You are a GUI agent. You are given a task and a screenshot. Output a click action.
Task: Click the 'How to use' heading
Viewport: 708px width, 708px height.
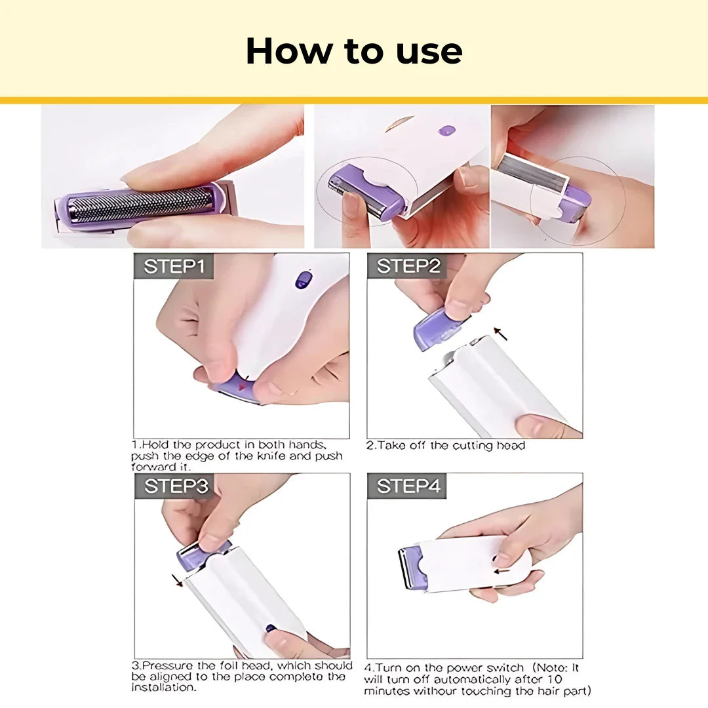coord(354,51)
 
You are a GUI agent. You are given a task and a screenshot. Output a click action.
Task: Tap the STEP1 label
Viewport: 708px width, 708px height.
coord(174,267)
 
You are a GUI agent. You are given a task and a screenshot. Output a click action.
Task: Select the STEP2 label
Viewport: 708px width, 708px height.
coord(407,267)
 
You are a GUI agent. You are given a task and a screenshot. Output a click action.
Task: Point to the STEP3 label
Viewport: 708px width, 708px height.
coord(175,486)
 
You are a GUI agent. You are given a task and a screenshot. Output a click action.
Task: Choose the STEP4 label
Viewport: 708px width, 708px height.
coord(408,486)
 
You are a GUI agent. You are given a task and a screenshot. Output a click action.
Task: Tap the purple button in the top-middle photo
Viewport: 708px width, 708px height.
coord(446,131)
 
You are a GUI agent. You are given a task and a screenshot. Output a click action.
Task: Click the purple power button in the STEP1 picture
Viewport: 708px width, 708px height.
coord(302,280)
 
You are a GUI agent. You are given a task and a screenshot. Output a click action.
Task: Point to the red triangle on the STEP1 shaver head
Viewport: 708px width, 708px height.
coord(243,387)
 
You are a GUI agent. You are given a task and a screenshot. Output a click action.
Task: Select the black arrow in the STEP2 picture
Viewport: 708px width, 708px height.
coord(501,334)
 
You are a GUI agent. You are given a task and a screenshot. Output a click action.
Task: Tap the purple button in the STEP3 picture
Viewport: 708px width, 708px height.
coord(270,628)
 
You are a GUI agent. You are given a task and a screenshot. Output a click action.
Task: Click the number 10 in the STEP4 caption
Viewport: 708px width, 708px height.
coord(554,680)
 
